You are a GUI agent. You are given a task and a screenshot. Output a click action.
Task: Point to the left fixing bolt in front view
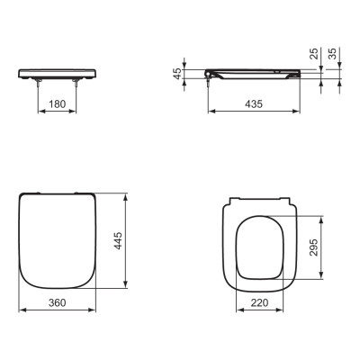pyautogui.click(x=38, y=84)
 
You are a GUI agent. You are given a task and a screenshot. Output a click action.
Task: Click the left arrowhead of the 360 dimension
pyautogui.click(x=22, y=310)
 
